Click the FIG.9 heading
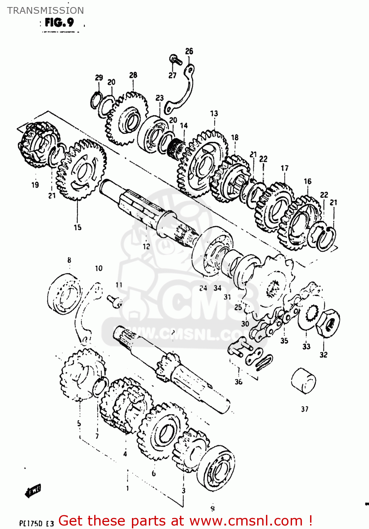coord(59,23)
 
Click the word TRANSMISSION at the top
coord(46,10)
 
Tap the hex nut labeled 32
coord(328,322)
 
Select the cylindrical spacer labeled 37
coord(303,380)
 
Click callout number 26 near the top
coord(189,51)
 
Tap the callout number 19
coord(35,184)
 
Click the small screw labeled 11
coord(115,300)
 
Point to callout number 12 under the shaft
coord(146,247)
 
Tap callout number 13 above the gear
coord(214,113)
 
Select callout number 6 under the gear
coord(153,473)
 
